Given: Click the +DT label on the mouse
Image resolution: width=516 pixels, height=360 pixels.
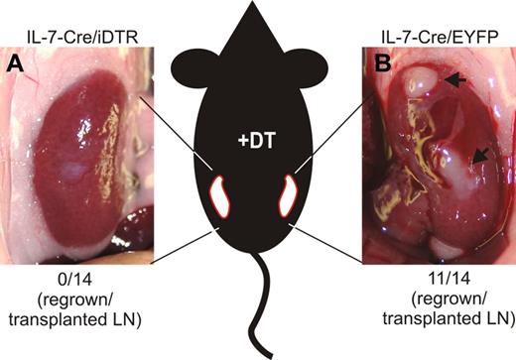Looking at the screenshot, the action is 259,143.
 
